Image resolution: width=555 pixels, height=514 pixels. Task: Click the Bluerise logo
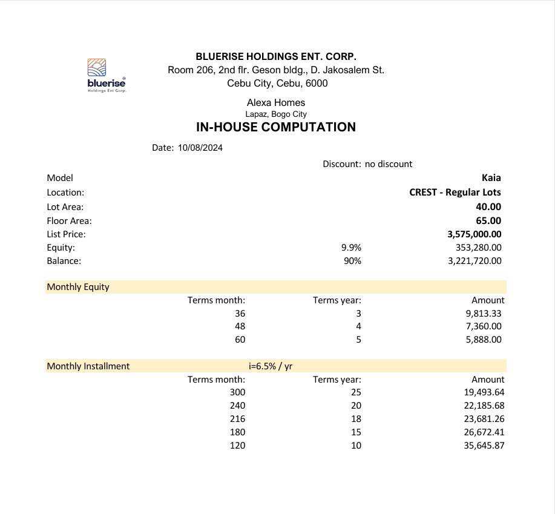click(x=106, y=75)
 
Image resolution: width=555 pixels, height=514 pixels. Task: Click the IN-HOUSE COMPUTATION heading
click(x=275, y=127)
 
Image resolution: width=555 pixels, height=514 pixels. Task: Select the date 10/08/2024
click(x=200, y=148)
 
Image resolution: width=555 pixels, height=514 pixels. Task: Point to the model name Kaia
click(x=491, y=178)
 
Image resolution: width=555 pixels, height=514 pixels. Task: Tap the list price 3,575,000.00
click(x=474, y=234)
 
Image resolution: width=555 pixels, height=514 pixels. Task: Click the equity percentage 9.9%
click(x=351, y=248)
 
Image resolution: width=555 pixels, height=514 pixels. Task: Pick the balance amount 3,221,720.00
click(x=475, y=261)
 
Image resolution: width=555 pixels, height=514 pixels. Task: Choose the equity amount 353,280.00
click(x=478, y=248)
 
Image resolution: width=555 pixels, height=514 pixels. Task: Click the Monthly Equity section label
click(x=78, y=287)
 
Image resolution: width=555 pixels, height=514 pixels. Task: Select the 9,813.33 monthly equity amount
click(x=483, y=314)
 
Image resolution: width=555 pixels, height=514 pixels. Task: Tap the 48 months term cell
click(x=240, y=326)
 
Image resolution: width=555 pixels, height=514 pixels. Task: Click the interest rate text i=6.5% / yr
click(x=271, y=366)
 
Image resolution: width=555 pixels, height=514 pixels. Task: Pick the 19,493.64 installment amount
click(x=484, y=392)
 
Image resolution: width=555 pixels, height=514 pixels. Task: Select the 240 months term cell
click(x=237, y=406)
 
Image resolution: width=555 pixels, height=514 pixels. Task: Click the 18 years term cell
click(x=356, y=419)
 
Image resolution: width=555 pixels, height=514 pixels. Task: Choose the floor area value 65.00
click(x=488, y=221)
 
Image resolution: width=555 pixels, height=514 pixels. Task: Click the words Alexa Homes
click(x=275, y=103)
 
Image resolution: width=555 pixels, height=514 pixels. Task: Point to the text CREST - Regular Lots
click(x=455, y=193)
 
